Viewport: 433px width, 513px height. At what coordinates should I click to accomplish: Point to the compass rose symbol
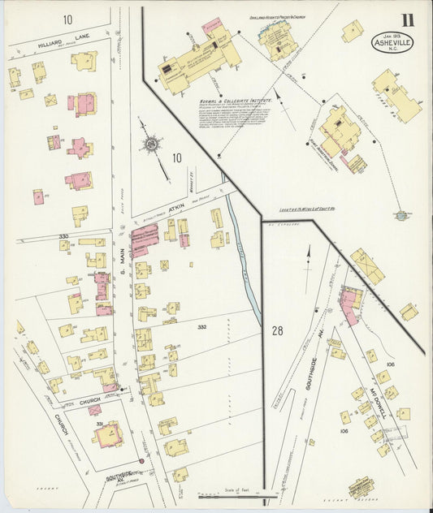click(x=151, y=144)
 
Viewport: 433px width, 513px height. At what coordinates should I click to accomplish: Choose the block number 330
click(x=63, y=237)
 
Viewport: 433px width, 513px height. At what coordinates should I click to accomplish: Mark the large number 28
click(x=278, y=330)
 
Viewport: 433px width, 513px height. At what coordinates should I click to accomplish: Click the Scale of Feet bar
click(x=237, y=496)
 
